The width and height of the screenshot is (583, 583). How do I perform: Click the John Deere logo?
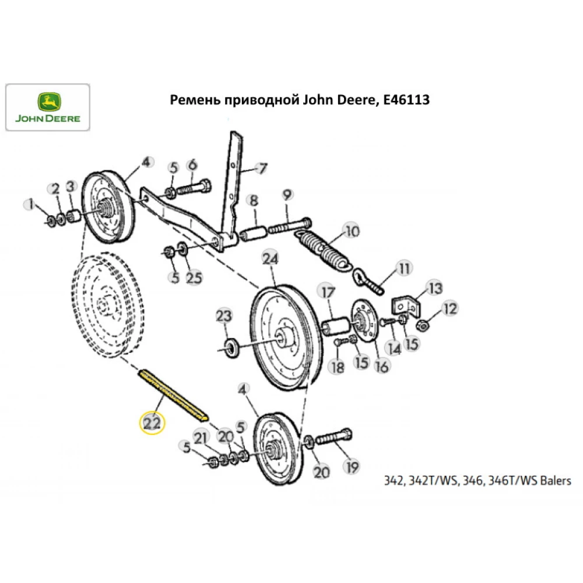pyautogui.click(x=48, y=107)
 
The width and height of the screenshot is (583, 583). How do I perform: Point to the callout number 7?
pyautogui.click(x=261, y=168)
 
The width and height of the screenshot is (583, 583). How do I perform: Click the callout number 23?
pyautogui.click(x=224, y=317)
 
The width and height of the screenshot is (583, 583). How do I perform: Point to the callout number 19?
pyautogui.click(x=352, y=466)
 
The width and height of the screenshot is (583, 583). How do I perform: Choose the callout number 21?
pyautogui.click(x=201, y=438)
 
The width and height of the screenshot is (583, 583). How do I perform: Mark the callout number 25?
pyautogui.click(x=194, y=278)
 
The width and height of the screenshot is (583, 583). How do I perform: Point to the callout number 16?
pyautogui.click(x=382, y=366)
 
